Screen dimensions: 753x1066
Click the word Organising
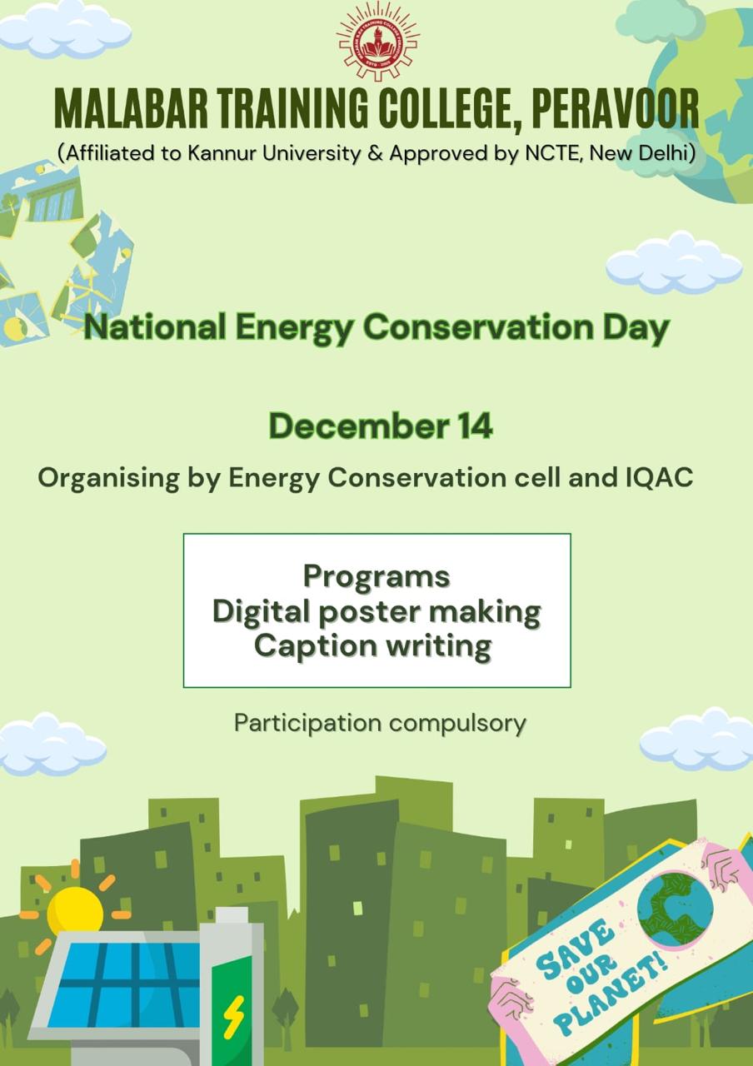tap(109, 478)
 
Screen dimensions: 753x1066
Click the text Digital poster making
tap(376, 612)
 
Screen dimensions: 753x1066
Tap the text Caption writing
tap(372, 646)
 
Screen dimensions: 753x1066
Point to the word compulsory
tap(457, 724)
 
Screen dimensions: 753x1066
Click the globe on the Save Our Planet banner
tap(675, 908)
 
